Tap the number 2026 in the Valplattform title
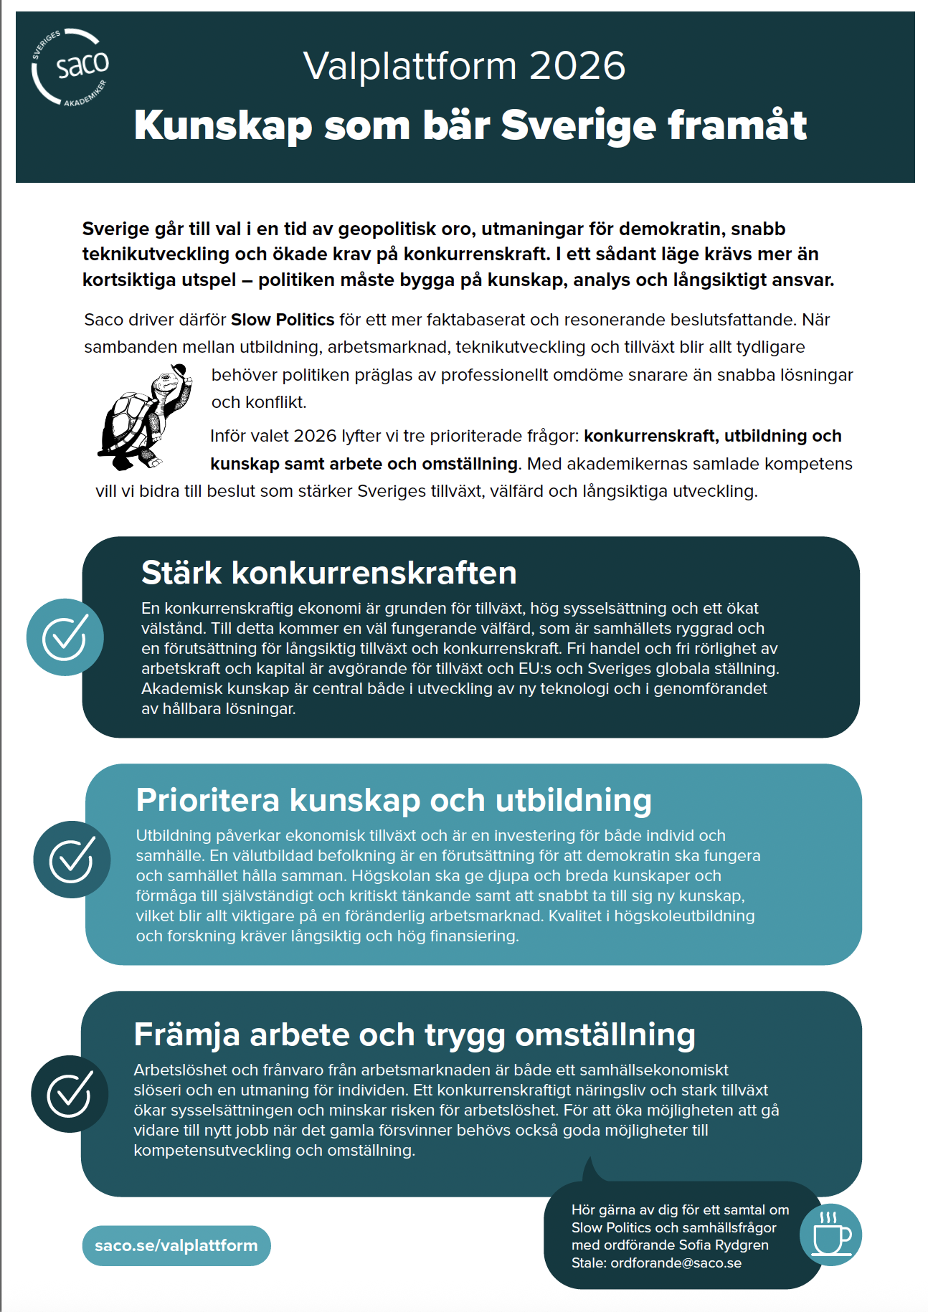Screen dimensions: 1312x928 tap(577, 66)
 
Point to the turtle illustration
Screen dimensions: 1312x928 tap(144, 419)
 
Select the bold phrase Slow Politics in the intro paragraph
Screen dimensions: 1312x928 tap(283, 320)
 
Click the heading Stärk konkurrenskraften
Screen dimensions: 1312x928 tap(328, 573)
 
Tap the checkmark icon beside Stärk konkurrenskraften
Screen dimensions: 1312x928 tap(65, 637)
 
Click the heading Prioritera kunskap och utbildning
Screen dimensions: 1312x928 tap(394, 800)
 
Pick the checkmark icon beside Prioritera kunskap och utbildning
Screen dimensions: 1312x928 tap(72, 860)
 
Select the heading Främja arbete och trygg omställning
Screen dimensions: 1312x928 tap(415, 1035)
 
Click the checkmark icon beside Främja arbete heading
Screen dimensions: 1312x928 tap(70, 1094)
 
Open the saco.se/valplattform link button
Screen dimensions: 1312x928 tap(176, 1245)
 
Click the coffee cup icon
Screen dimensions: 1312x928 tap(830, 1235)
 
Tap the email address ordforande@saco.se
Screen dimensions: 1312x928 tap(676, 1263)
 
